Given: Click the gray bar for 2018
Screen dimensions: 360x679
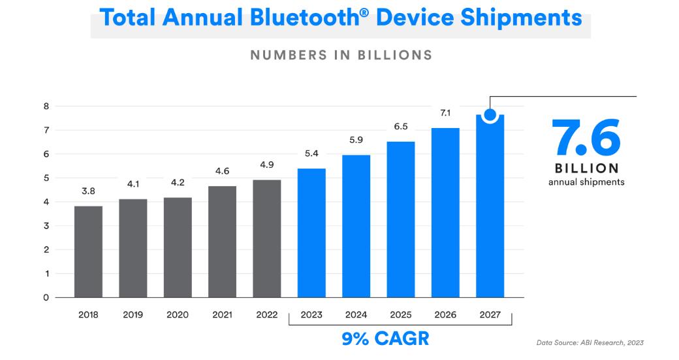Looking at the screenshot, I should tap(88, 252).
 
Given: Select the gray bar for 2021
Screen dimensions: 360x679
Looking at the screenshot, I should tap(222, 242).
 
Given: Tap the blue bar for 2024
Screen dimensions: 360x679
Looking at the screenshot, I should tap(356, 226).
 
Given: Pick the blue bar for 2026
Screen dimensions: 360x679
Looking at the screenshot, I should tap(445, 212).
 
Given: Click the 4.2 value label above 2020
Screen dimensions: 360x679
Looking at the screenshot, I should tap(178, 182).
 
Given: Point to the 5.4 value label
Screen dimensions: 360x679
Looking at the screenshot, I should tap(311, 154).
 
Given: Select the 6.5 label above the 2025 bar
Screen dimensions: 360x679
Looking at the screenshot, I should tap(400, 126).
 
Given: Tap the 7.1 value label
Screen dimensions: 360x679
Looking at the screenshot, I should tap(445, 112).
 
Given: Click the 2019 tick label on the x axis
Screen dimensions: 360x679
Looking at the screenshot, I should tap(133, 315).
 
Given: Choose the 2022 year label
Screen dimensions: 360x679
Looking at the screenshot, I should tap(266, 315).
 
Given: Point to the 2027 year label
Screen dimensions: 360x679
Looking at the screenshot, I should tap(489, 315).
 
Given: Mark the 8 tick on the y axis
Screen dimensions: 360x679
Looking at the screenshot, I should tap(46, 106).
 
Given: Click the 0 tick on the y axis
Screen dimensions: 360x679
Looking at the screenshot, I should tap(46, 298).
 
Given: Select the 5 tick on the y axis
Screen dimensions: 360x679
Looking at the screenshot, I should tap(46, 178).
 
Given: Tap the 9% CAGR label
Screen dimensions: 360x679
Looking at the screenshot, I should tap(386, 338).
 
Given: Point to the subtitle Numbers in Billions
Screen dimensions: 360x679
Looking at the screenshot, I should tap(341, 56).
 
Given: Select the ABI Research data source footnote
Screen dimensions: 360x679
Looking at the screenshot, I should tap(590, 342).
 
